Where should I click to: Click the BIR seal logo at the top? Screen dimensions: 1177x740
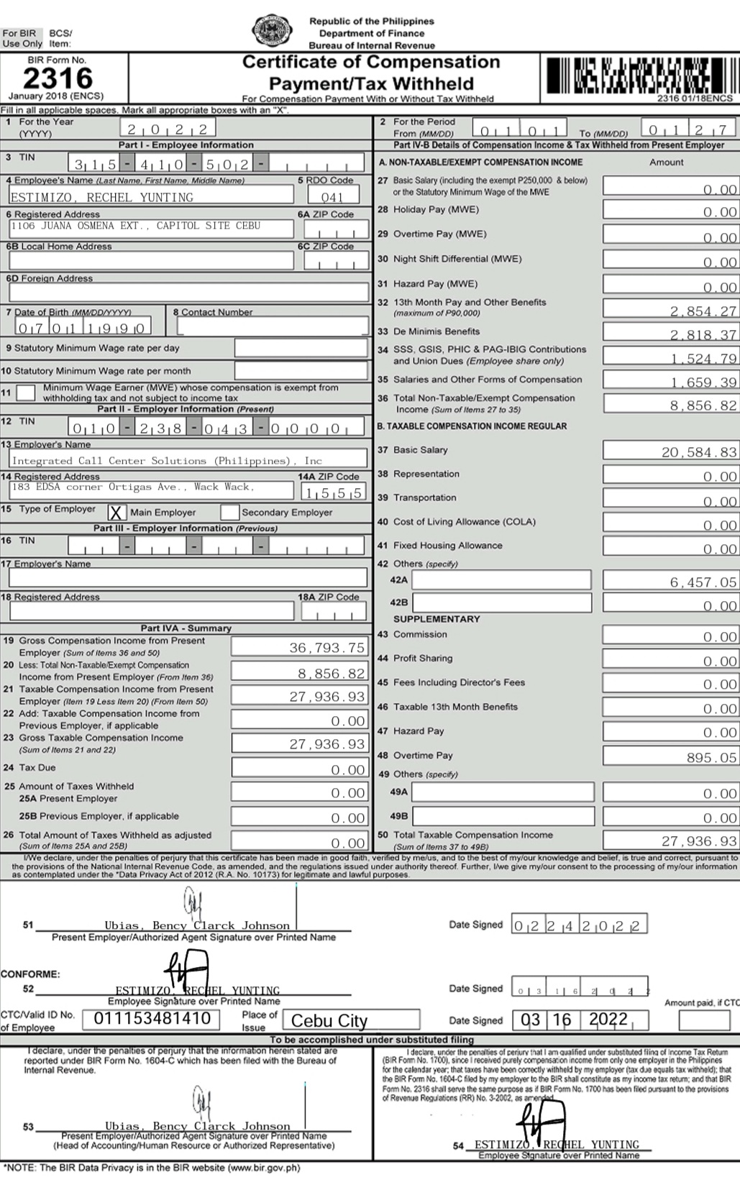pyautogui.click(x=272, y=30)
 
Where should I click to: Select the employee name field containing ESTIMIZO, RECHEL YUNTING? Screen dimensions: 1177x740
pyautogui.click(x=151, y=196)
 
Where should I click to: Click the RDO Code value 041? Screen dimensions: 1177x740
pyautogui.click(x=332, y=196)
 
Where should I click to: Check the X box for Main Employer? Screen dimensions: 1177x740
pyautogui.click(x=117, y=513)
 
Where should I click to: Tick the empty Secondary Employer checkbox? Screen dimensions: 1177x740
pyautogui.click(x=230, y=513)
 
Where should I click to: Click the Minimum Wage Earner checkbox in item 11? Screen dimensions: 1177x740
pyautogui.click(x=26, y=393)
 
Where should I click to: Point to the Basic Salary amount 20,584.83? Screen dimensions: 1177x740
pyautogui.click(x=670, y=452)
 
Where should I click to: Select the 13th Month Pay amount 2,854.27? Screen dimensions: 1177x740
pyautogui.click(x=670, y=311)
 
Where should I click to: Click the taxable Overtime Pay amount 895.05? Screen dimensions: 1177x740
pyautogui.click(x=670, y=757)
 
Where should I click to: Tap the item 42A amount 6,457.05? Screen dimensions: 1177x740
pyautogui.click(x=670, y=582)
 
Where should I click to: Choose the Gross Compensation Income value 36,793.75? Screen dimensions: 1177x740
pyautogui.click(x=299, y=647)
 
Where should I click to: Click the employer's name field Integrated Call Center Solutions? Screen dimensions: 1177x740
pyautogui.click(x=188, y=460)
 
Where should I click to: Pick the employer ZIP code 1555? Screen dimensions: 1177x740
pyautogui.click(x=334, y=493)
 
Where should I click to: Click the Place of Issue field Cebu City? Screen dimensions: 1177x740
pyautogui.click(x=352, y=1020)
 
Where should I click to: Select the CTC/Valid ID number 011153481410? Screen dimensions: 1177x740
pyautogui.click(x=152, y=1018)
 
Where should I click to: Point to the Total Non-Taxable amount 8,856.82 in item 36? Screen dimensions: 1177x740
pyautogui.click(x=670, y=405)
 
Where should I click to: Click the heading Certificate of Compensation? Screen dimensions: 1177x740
pyautogui.click(x=370, y=63)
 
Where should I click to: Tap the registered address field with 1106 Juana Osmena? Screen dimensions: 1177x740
pyautogui.click(x=151, y=228)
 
